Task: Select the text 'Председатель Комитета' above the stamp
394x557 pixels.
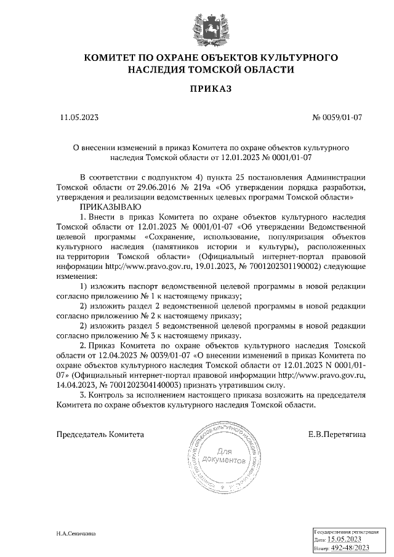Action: [x=100, y=434]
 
